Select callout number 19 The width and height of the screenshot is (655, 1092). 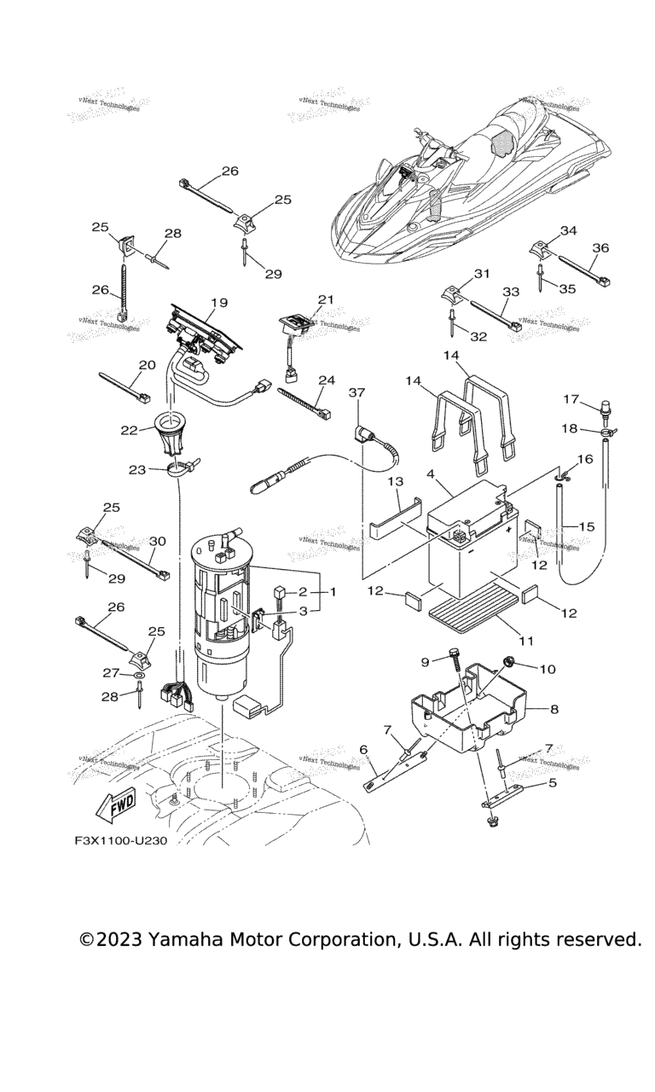coord(218,303)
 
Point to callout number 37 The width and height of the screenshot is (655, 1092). coord(356,392)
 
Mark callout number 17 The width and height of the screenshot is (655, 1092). coord(570,399)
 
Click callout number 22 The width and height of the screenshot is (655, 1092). coord(129,430)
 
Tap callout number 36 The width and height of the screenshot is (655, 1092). coord(601,247)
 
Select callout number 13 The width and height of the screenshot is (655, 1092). coord(395,483)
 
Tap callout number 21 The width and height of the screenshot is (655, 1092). coord(325,299)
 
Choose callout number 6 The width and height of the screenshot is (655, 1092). coord(363,749)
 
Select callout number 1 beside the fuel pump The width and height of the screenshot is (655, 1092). coord(333,590)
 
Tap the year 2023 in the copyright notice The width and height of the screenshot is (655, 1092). coord(119,940)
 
